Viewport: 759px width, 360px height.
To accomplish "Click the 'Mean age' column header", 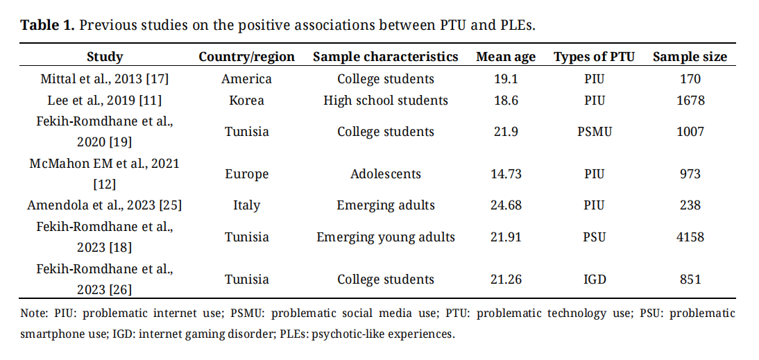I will [x=504, y=57].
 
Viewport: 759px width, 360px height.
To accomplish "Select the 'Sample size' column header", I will [x=690, y=57].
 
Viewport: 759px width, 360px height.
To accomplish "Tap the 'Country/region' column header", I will [x=246, y=57].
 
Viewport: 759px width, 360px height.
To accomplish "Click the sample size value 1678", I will [x=690, y=101].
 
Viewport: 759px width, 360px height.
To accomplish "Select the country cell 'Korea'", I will [x=246, y=101].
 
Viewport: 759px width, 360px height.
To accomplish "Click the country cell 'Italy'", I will [x=246, y=205].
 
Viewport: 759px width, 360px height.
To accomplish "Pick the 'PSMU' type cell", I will [x=595, y=132].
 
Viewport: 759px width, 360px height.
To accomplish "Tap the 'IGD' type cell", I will [x=595, y=280].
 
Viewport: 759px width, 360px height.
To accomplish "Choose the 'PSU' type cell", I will [x=595, y=237].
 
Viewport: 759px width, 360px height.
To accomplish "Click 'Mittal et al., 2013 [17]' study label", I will [x=104, y=79].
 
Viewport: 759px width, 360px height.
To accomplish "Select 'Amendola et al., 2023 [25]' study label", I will [x=104, y=205].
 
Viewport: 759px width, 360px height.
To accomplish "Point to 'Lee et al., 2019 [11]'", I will [x=104, y=101].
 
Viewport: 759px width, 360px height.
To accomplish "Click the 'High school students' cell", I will [x=386, y=101].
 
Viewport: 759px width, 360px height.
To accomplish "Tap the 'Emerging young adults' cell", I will [x=386, y=237].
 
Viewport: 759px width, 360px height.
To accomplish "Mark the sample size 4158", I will [x=690, y=237].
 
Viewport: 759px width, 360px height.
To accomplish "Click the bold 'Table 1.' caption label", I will [x=47, y=26].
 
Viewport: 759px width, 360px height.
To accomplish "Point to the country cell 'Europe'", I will [x=246, y=174].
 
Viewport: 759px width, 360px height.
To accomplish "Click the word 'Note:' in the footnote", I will [x=35, y=314].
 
